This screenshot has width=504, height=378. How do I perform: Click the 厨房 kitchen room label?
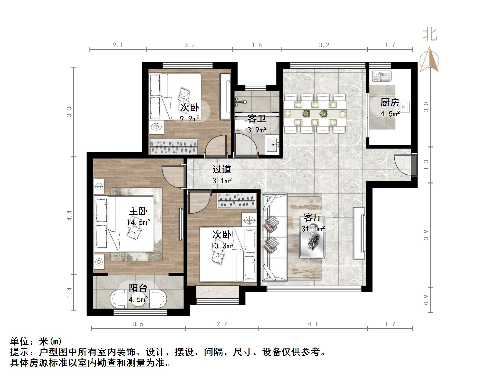point(390,102)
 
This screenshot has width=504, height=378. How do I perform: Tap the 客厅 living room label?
point(313,217)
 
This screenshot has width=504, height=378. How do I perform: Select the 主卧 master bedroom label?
point(138,211)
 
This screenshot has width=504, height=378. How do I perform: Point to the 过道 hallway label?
point(222,169)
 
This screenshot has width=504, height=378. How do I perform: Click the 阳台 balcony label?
point(138,288)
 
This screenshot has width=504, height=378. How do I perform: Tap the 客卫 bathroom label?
point(257,118)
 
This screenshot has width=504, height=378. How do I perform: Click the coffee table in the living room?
point(313,237)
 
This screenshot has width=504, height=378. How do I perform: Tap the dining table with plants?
point(315,113)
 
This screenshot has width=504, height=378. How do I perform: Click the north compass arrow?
point(429,59)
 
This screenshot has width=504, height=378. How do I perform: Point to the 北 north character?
point(430,35)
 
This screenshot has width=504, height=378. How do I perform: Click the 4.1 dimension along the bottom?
point(313,324)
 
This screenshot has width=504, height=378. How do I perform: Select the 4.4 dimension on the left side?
point(69,215)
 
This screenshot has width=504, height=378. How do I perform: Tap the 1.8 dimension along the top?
point(257,45)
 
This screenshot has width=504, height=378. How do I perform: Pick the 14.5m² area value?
point(138,222)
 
